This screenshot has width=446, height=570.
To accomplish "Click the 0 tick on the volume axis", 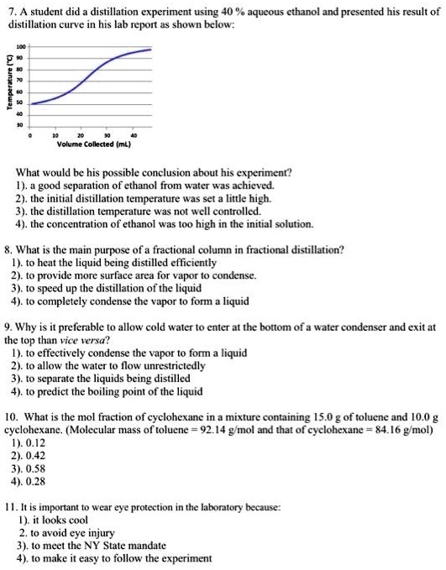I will tap(31, 134).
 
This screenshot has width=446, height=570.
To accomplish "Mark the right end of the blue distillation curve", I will tap(152, 50).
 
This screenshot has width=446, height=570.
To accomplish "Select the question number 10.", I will tap(10, 416).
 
